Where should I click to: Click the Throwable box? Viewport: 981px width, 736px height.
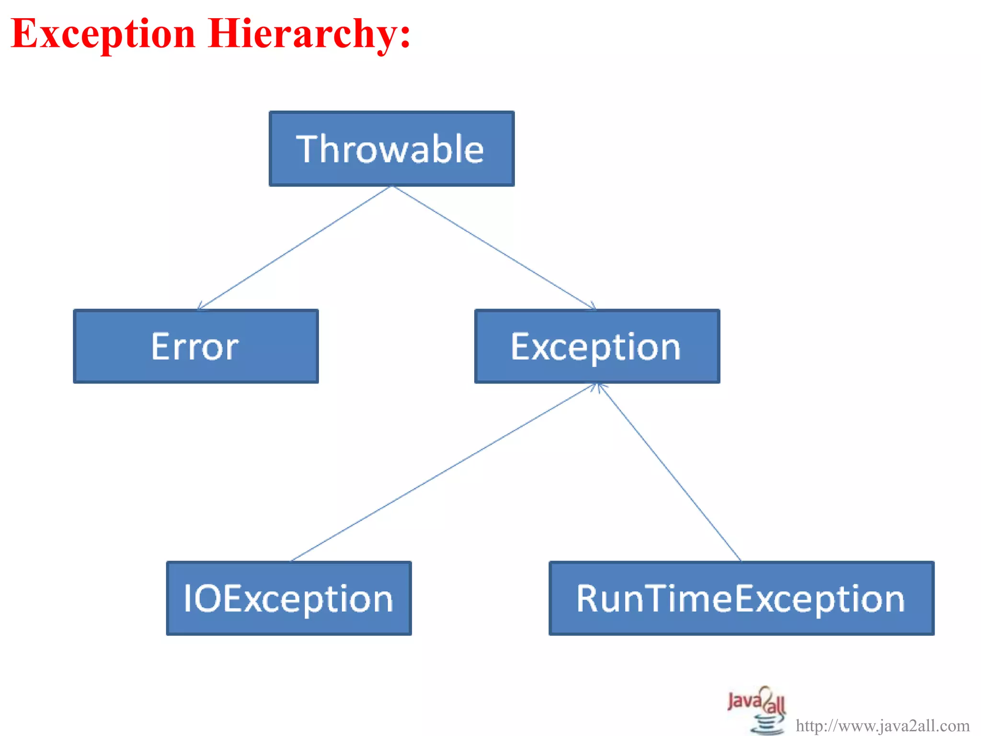(391, 149)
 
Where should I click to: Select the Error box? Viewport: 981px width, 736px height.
(195, 346)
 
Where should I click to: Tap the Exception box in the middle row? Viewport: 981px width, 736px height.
(597, 346)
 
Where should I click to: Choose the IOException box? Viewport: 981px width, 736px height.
(289, 598)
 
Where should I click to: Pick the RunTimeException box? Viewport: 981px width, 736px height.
(741, 598)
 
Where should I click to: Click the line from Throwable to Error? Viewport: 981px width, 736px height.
(295, 247)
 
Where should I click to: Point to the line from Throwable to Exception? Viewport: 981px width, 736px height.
(493, 247)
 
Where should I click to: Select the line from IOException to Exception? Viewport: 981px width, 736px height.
(443, 472)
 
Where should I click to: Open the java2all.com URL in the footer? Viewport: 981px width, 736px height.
(882, 725)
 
